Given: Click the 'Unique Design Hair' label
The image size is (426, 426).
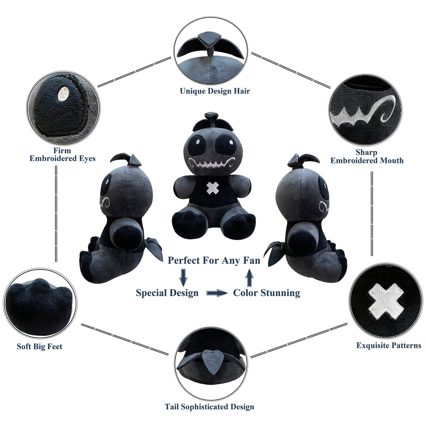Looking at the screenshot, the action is pyautogui.click(x=215, y=91).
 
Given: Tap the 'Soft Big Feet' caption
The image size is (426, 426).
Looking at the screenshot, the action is pyautogui.click(x=40, y=346).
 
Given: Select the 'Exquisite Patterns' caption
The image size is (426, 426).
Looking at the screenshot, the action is pyautogui.click(x=388, y=345).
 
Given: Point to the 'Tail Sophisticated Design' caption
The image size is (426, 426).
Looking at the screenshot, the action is pyautogui.click(x=210, y=407).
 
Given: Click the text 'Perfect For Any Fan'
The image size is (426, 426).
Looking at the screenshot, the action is pyautogui.click(x=214, y=260).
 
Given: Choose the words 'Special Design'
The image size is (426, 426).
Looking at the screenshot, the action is pyautogui.click(x=167, y=293).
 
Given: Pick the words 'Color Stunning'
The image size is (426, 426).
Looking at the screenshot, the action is pyautogui.click(x=266, y=293).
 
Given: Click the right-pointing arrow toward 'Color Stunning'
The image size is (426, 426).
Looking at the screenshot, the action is pyautogui.click(x=217, y=293).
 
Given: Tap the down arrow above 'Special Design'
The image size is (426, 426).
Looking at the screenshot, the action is pyautogui.click(x=184, y=277).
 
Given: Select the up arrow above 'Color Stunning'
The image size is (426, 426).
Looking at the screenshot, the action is pyautogui.click(x=249, y=277).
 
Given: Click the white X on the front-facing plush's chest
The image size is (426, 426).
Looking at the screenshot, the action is pyautogui.click(x=213, y=188).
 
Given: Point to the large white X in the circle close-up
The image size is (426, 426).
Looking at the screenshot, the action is pyautogui.click(x=386, y=301).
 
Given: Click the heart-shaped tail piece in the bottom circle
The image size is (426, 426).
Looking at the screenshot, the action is pyautogui.click(x=213, y=363).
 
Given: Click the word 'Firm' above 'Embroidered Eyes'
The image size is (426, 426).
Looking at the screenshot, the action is pyautogui.click(x=62, y=151).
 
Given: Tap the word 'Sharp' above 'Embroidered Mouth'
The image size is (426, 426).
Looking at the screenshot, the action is pyautogui.click(x=366, y=152).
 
